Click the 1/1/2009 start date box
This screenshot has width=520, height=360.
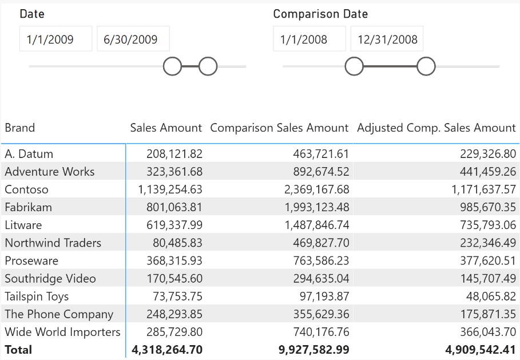click(55, 39)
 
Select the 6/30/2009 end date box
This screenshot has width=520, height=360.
click(133, 39)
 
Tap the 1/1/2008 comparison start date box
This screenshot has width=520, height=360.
click(309, 39)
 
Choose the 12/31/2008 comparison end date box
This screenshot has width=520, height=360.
click(387, 39)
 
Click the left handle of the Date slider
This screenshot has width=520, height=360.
click(172, 66)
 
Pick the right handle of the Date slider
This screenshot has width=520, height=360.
click(208, 66)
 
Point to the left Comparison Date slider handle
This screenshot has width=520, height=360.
click(354, 66)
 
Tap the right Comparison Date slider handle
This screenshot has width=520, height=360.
click(426, 66)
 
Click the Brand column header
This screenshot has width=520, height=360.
click(20, 128)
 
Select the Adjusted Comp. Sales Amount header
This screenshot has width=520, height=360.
click(436, 128)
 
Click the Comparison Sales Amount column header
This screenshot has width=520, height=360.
click(279, 128)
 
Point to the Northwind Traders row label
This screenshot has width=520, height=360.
click(53, 243)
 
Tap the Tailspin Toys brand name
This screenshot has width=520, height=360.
click(37, 296)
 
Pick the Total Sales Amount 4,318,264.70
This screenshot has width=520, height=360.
click(166, 350)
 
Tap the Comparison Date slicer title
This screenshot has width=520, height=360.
click(320, 14)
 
